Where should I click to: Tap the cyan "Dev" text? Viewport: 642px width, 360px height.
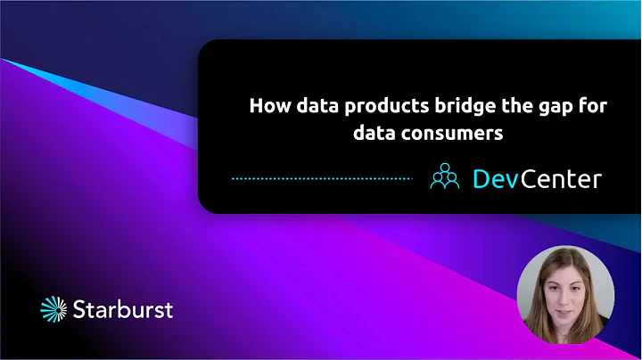click(490, 178)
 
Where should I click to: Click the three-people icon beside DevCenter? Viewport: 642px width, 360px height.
click(444, 177)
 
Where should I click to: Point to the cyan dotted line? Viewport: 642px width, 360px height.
click(321, 178)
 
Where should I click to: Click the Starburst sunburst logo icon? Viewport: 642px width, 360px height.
click(54, 310)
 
